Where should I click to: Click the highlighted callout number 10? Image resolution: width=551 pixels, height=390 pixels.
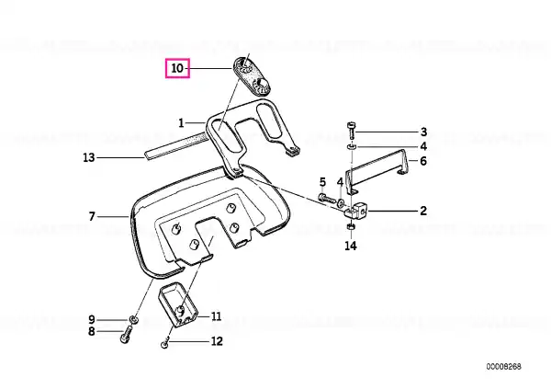[x=177, y=68]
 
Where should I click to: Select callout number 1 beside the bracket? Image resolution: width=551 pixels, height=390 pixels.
[x=181, y=123]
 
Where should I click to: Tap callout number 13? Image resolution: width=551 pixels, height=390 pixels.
[x=89, y=157]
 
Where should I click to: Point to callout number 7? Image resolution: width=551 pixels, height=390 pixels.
[x=92, y=216]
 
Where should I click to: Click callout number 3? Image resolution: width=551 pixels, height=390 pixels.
[x=423, y=132]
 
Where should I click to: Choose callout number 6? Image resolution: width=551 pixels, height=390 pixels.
[x=423, y=161]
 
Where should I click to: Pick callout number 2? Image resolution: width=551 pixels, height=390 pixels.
[x=423, y=211]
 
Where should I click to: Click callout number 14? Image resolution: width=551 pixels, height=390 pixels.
[x=351, y=246]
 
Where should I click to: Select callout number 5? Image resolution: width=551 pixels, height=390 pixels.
[x=322, y=182]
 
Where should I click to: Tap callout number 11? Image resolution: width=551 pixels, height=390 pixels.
[x=216, y=316]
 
